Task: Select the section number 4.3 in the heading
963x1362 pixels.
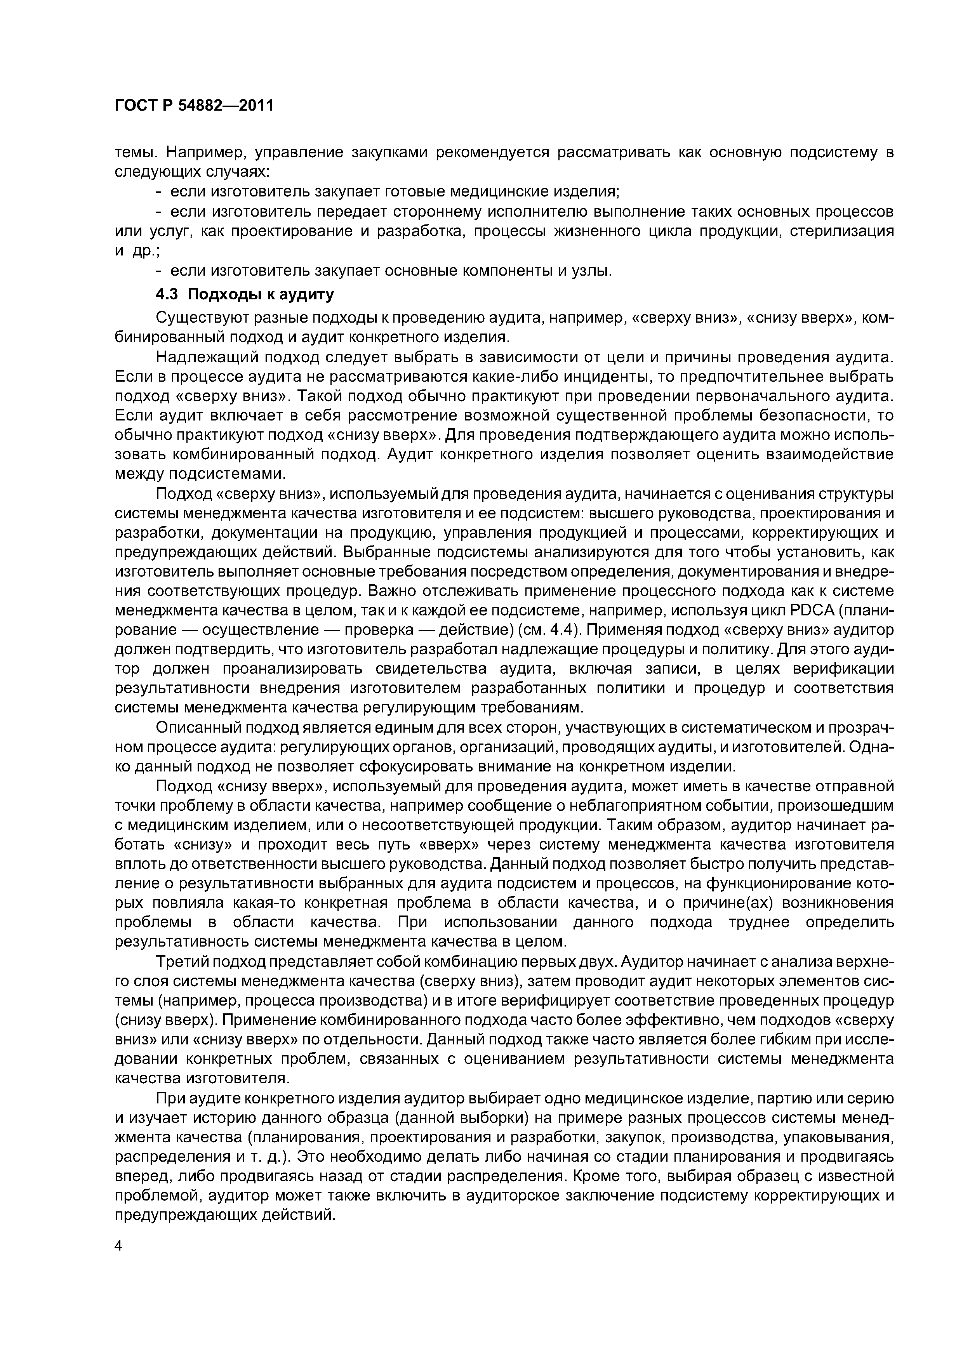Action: coord(167,295)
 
